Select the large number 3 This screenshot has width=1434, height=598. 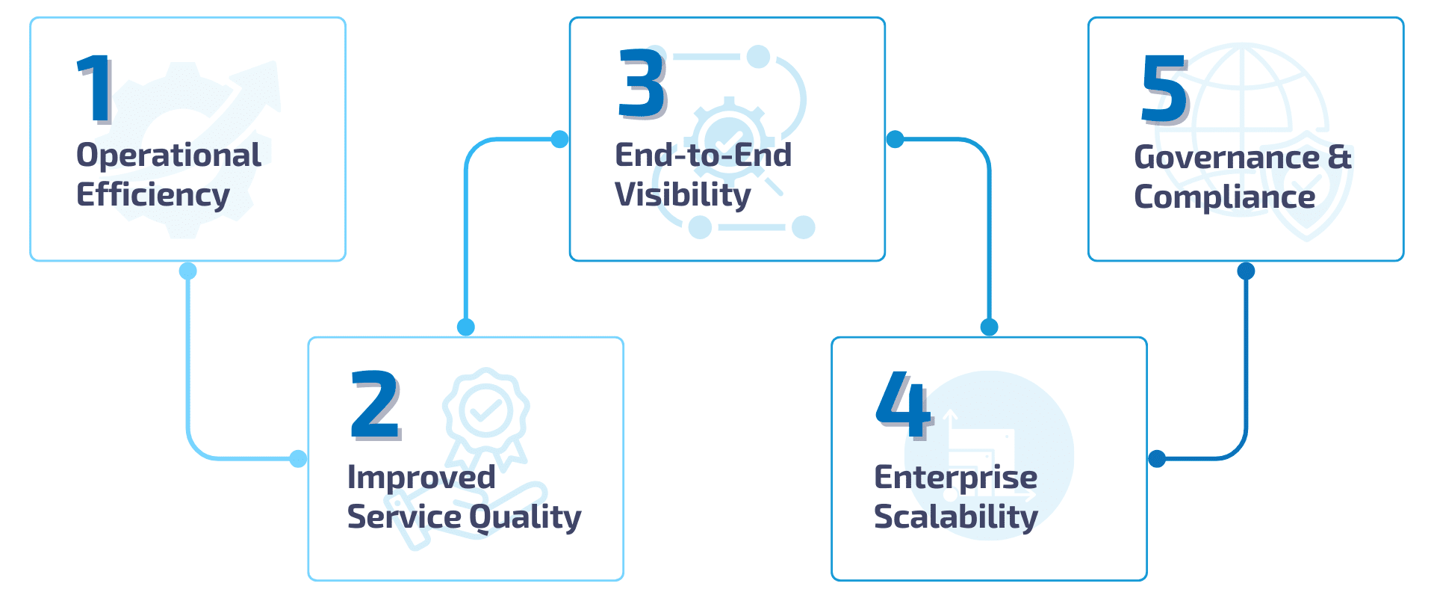point(642,83)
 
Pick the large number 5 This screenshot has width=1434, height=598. point(1164,89)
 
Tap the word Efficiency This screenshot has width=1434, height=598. point(153,195)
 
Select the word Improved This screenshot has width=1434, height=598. point(421,478)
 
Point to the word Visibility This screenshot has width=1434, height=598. point(683,195)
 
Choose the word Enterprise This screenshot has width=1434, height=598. point(955,478)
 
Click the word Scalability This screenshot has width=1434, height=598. point(955,517)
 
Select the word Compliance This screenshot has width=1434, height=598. point(1224,197)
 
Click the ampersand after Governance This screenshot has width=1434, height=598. point(1340,158)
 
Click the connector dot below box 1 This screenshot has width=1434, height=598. point(188,271)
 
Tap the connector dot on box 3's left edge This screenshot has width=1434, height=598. point(559,139)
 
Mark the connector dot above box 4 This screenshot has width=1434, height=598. point(989,327)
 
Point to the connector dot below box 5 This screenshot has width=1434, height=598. point(1246,271)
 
